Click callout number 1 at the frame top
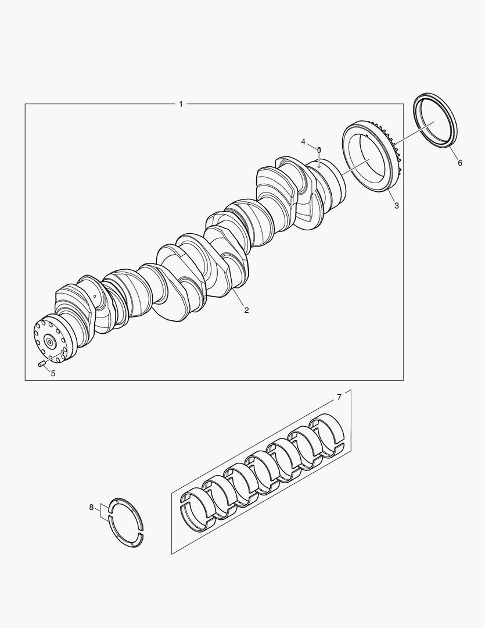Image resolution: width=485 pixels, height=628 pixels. click(x=181, y=104)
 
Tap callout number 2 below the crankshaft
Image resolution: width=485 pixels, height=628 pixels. click(x=246, y=310)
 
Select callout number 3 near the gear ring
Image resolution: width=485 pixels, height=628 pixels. click(x=396, y=205)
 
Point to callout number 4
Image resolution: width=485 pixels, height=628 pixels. click(x=303, y=142)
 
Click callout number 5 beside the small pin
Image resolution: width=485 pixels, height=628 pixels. click(x=53, y=373)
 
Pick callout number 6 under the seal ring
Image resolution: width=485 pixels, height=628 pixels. click(x=460, y=163)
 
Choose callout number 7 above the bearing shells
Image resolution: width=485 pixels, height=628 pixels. click(x=339, y=397)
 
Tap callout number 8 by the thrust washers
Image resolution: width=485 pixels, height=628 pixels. click(x=91, y=507)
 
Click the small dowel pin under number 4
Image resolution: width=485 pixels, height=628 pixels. click(x=319, y=150)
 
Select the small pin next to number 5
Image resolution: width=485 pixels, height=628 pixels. click(x=42, y=364)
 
